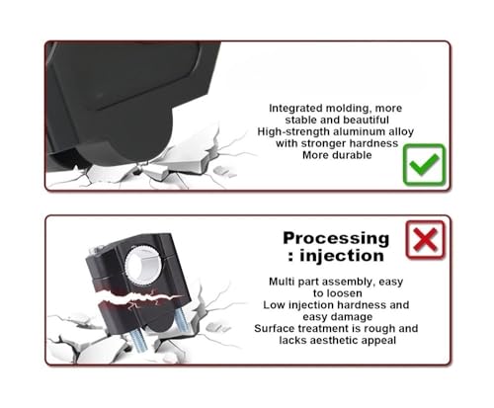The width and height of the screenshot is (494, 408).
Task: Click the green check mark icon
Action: pyautogui.click(x=424, y=164)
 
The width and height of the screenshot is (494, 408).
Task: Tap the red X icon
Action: pyautogui.click(x=426, y=240)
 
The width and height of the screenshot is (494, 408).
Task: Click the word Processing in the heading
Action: pyautogui.click(x=336, y=238)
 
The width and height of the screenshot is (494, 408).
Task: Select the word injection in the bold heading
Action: pyautogui.click(x=342, y=256)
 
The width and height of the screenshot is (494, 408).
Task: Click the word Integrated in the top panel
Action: pyautogui.click(x=295, y=109)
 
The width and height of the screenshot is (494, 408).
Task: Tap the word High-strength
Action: pyautogui.click(x=293, y=131)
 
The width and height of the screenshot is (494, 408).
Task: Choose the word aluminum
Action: pyautogui.click(x=358, y=131)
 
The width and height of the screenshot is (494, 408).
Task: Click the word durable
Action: pyautogui.click(x=352, y=155)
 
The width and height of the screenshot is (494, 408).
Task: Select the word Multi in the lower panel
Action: pyautogui.click(x=282, y=282)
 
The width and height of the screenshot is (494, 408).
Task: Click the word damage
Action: pyautogui.click(x=354, y=317)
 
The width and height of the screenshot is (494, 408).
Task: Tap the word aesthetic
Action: pyautogui.click(x=336, y=341)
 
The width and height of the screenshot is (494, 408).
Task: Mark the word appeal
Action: pyautogui.click(x=379, y=341)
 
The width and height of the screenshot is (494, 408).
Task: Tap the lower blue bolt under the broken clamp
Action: pyautogui.click(x=137, y=340)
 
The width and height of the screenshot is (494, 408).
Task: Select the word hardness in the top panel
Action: pyautogui.click(x=373, y=143)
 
